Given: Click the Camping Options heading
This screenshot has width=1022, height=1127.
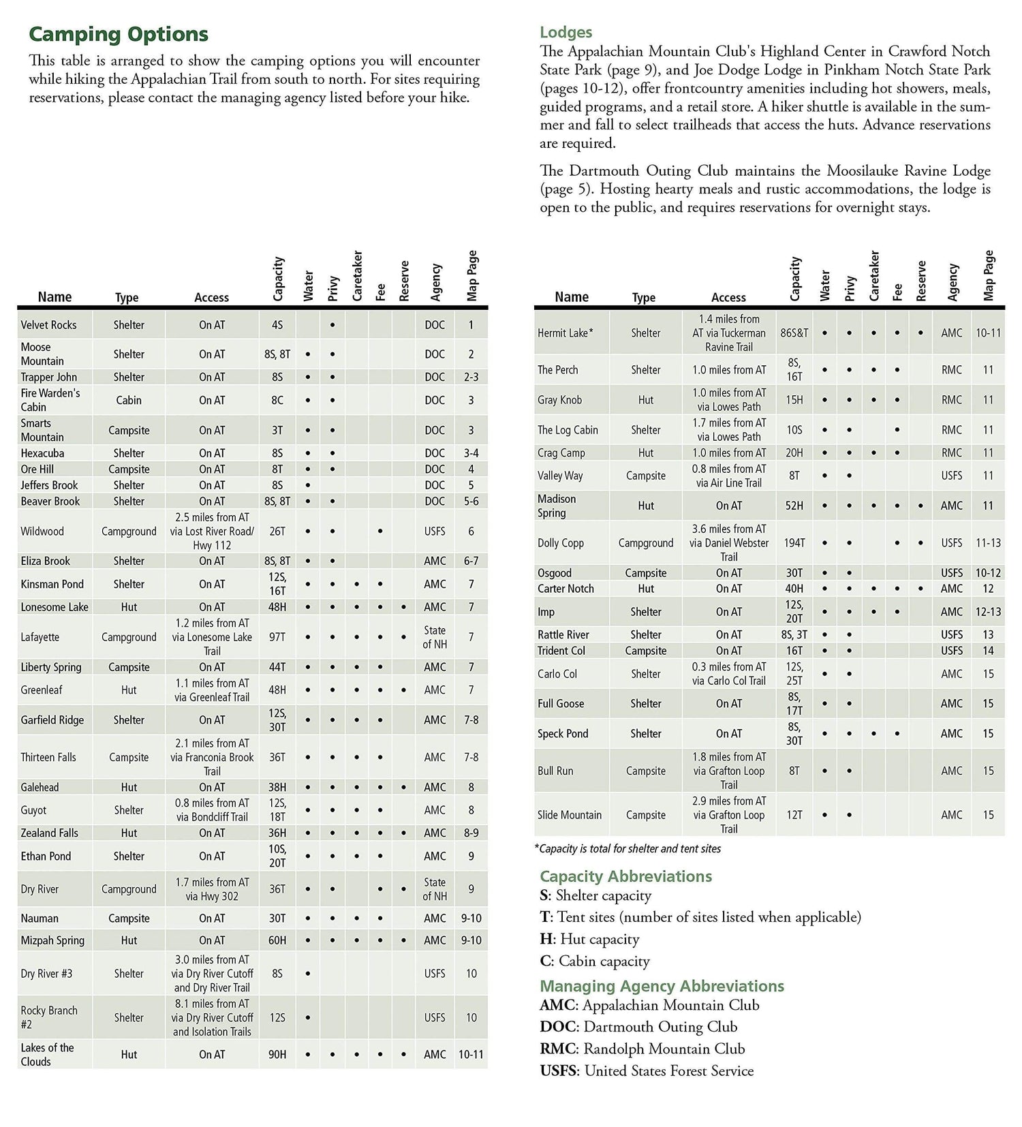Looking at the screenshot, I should (119, 34).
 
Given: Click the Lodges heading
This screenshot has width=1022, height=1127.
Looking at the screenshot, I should (566, 32).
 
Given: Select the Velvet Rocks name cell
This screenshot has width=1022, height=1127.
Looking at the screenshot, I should (48, 325).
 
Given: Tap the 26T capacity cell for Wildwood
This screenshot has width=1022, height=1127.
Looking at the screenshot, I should (277, 531).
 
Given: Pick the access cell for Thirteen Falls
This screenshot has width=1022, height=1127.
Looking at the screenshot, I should (212, 757).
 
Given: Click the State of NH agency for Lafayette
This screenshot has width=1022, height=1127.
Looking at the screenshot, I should (435, 637).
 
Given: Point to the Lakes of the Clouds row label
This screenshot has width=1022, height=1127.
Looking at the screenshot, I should (47, 1054).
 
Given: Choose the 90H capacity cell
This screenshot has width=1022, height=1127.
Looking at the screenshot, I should (277, 1054).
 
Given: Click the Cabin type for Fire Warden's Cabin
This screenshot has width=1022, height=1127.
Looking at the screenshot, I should (129, 400).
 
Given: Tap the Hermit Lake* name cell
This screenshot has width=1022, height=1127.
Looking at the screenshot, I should (565, 333).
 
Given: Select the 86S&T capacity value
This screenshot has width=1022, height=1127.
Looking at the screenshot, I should (794, 333).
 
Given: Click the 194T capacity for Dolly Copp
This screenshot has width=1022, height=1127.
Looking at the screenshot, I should (794, 543).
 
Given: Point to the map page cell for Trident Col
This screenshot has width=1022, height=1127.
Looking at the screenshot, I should (988, 651).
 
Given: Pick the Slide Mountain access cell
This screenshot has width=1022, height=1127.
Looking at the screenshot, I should (729, 815).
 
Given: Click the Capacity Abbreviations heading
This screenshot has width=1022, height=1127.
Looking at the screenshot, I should (625, 876).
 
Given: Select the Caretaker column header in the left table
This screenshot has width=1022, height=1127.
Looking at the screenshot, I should (357, 276).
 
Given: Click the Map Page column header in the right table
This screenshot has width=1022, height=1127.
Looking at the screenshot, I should (989, 275).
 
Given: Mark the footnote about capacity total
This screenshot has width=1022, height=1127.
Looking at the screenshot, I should (628, 849).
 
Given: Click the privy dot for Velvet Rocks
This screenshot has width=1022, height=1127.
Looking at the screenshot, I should (332, 325).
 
